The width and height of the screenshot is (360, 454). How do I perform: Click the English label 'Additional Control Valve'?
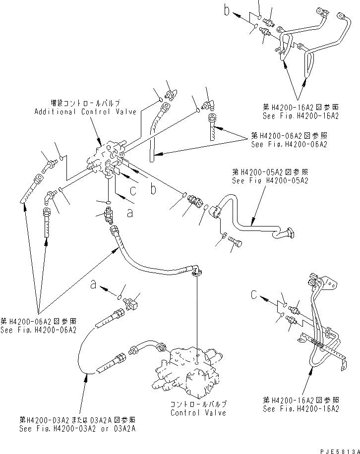click(85, 112)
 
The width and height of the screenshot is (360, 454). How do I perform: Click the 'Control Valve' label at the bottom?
click(198, 412)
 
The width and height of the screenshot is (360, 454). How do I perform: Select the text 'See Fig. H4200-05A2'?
click(270, 181)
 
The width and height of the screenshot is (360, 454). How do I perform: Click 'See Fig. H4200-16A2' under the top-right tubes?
click(300, 115)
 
